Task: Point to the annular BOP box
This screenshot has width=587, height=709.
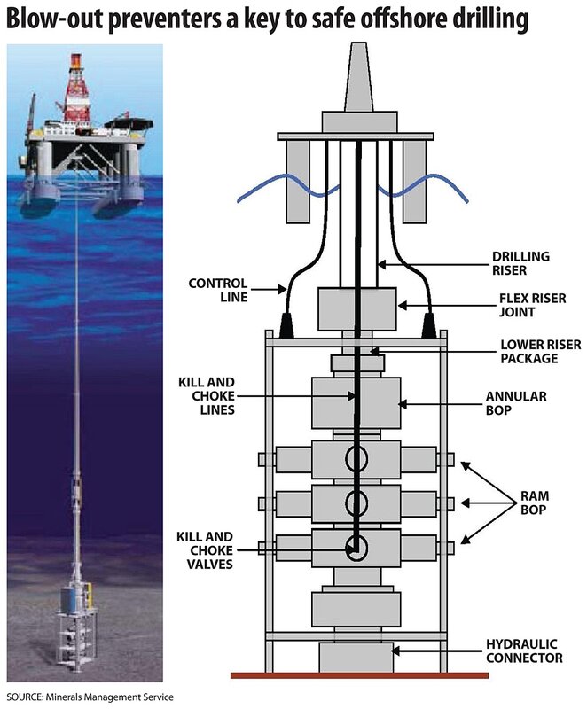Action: [356, 404]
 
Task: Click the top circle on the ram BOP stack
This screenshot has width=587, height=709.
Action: [356, 460]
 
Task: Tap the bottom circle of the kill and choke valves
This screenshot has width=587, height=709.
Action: [356, 547]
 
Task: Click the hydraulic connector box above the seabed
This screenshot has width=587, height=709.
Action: [356, 656]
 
